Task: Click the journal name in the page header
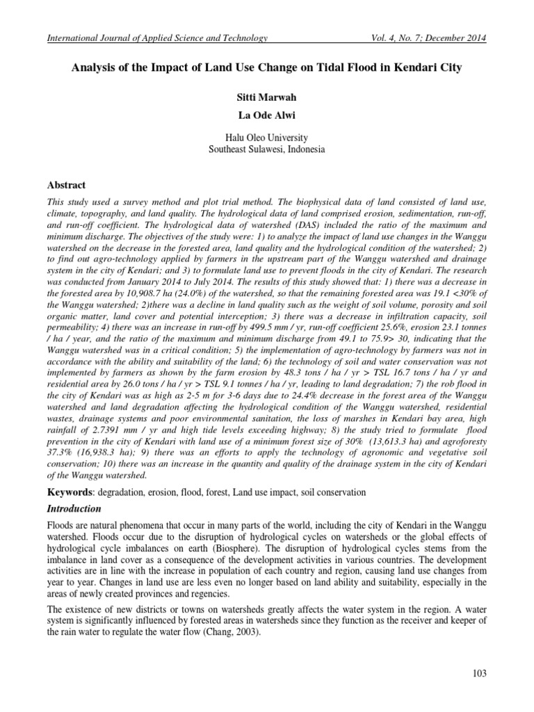tap(156, 38)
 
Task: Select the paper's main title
tap(267, 70)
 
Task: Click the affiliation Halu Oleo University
tap(267, 137)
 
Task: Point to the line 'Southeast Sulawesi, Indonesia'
tap(267, 149)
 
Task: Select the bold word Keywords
tap(70, 492)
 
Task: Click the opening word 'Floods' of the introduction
tap(60, 526)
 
